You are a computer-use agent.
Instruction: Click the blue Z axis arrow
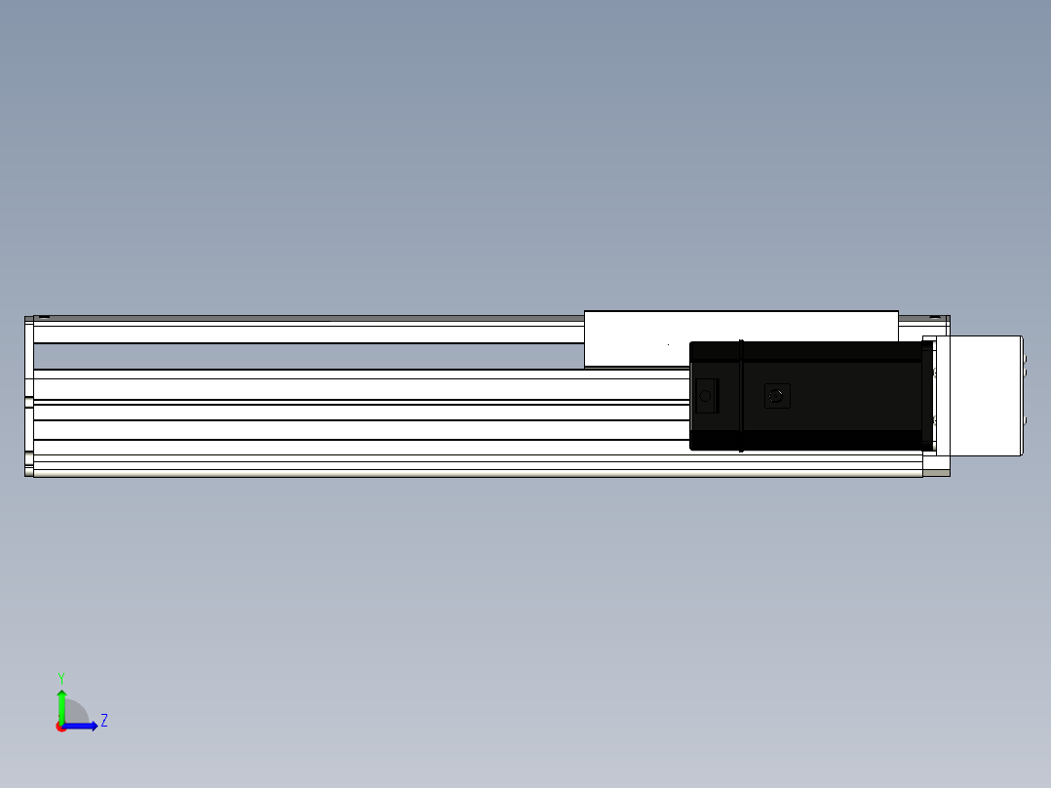80,727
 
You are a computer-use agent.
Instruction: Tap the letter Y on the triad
61,678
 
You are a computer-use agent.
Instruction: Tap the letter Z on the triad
104,721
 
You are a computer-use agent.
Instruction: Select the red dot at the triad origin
61,727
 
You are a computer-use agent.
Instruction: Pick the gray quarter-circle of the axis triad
75,712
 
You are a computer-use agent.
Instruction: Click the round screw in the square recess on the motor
777,396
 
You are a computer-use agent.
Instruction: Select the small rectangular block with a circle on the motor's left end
707,396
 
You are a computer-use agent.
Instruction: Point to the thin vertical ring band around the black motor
741,396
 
